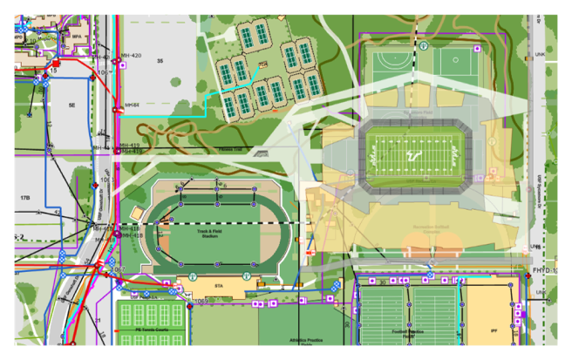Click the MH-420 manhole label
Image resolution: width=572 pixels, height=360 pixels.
(132, 55)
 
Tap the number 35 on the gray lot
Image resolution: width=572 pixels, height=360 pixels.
(160, 61)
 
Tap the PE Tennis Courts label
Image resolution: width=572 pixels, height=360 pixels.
(151, 330)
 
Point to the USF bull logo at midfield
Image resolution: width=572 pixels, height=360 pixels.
(419, 153)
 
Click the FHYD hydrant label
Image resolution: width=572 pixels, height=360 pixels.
(541, 271)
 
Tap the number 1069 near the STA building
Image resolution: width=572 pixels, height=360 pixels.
(200, 301)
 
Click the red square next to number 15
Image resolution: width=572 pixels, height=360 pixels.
(56, 64)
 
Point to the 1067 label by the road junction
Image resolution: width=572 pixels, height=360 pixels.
(119, 268)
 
